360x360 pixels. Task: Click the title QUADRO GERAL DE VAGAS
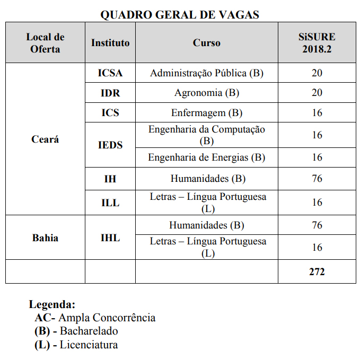click(180, 15)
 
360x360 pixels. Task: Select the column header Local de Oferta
click(45, 43)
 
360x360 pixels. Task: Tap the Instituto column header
click(110, 43)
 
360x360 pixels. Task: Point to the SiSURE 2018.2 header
click(317, 43)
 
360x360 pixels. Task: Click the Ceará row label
click(45, 139)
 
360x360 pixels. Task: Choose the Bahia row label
click(45, 238)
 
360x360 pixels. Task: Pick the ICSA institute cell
click(110, 73)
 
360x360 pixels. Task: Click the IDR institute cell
click(110, 93)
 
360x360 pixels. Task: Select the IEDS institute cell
click(110, 145)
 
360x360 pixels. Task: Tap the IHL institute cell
click(110, 238)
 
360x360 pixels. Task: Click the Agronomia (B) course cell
click(207, 93)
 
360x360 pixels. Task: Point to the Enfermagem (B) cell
click(207, 113)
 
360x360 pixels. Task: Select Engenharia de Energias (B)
click(207, 157)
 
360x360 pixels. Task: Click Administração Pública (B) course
click(207, 73)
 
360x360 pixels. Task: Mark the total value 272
click(317, 272)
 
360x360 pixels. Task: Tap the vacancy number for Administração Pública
click(317, 73)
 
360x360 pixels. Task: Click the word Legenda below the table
click(52, 305)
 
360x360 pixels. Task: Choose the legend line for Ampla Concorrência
click(95, 318)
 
